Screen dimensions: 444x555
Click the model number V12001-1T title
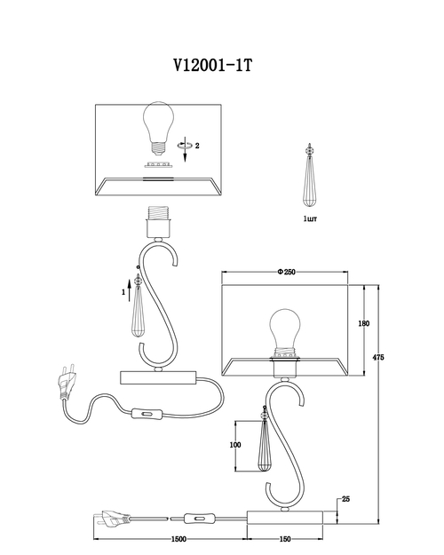pos(213,65)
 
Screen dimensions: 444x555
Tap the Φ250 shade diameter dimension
pos(287,272)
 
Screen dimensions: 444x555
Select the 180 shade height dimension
pos(363,323)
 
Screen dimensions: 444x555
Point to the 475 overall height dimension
pos(378,357)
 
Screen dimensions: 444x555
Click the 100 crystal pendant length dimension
pos(235,445)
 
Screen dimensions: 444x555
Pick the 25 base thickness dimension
pos(345,499)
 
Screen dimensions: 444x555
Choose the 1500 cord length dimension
pos(178,539)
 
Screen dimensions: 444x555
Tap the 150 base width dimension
pos(285,539)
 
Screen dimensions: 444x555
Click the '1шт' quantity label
pos(310,218)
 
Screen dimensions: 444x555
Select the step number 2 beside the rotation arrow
pos(197,146)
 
